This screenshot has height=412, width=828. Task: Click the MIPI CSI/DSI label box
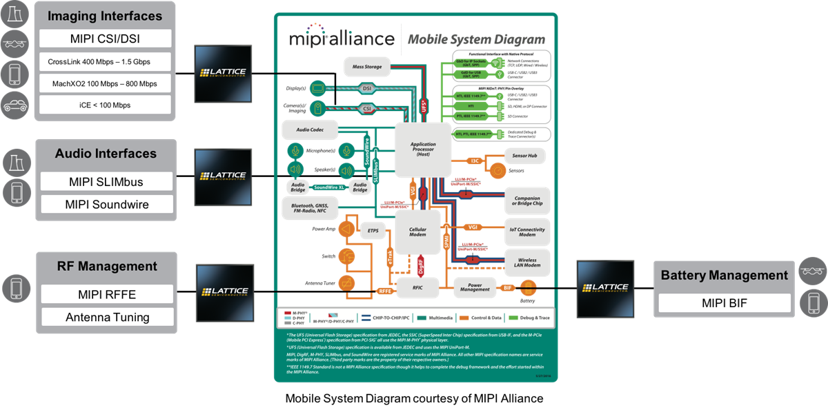pyautogui.click(x=105, y=38)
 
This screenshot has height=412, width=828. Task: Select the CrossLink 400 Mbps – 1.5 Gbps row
pyautogui.click(x=105, y=61)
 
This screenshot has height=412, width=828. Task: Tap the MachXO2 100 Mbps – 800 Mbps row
pyautogui.click(x=105, y=83)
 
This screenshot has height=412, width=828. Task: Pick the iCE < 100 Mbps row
pyautogui.click(x=105, y=105)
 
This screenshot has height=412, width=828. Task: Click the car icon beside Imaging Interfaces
pyautogui.click(x=15, y=106)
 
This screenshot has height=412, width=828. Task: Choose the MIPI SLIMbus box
pyautogui.click(x=105, y=182)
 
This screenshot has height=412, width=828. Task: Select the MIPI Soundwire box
pyautogui.click(x=105, y=204)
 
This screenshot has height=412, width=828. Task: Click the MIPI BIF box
pyautogui.click(x=724, y=303)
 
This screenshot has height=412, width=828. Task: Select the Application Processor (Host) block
pyautogui.click(x=423, y=149)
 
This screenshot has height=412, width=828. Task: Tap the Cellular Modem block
pyautogui.click(x=417, y=231)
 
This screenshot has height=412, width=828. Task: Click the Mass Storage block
pyautogui.click(x=367, y=67)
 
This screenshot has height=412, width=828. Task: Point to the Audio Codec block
pyautogui.click(x=310, y=129)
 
